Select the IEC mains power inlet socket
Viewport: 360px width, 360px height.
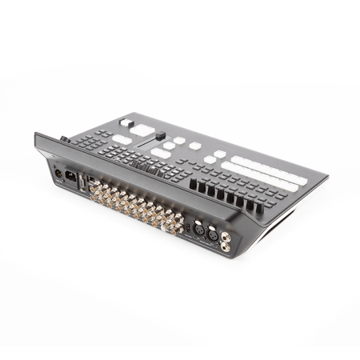pyautogui.click(x=70, y=178)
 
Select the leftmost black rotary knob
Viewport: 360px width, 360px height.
pyautogui.click(x=192, y=193)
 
